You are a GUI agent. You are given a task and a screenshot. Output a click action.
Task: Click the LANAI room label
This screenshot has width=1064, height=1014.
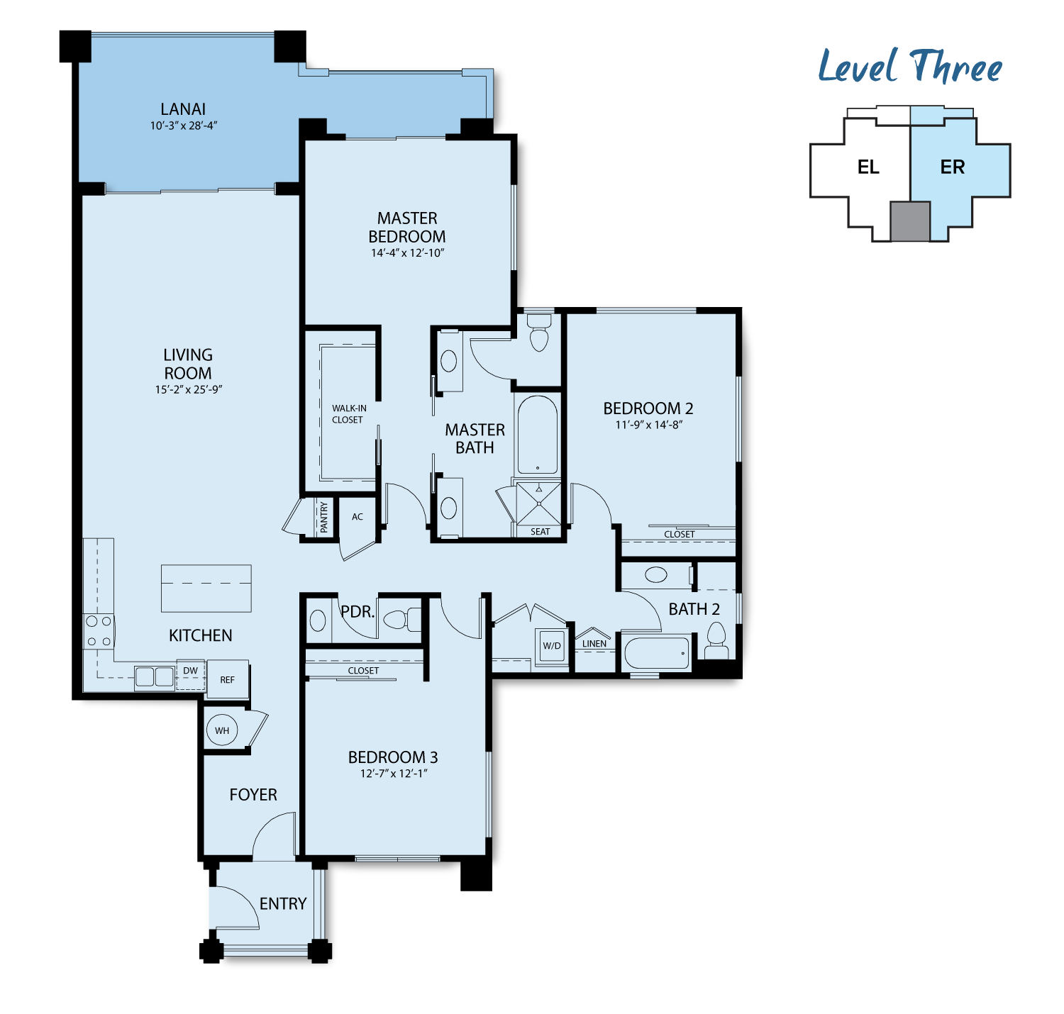click(x=183, y=109)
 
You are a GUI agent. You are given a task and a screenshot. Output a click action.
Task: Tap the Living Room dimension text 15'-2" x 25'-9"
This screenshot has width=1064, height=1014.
click(x=189, y=389)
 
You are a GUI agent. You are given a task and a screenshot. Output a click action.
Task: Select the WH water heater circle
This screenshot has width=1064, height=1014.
click(x=222, y=730)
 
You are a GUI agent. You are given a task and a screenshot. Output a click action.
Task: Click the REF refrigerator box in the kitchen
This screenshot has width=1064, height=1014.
click(x=228, y=679)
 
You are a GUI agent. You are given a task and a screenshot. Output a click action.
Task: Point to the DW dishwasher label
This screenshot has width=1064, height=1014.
click(x=190, y=670)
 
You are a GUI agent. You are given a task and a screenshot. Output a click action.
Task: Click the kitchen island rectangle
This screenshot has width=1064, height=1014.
click(x=206, y=588)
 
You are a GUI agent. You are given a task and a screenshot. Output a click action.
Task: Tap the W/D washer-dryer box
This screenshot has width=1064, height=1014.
click(x=551, y=645)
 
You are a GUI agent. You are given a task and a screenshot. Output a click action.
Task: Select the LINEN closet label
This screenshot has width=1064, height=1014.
click(x=594, y=644)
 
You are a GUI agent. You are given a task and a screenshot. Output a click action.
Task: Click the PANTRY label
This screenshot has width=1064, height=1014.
click(x=323, y=517)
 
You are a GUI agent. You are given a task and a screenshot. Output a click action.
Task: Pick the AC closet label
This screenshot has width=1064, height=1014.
click(x=358, y=517)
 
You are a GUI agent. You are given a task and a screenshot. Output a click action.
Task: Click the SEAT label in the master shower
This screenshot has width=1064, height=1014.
click(x=540, y=531)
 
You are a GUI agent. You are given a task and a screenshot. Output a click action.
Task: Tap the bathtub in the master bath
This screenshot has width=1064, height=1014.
click(x=538, y=435)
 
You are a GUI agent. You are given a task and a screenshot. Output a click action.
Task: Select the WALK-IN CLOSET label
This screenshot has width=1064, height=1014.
click(x=348, y=414)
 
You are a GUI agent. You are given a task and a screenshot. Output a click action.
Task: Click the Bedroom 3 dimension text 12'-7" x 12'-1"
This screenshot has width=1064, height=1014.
click(x=394, y=773)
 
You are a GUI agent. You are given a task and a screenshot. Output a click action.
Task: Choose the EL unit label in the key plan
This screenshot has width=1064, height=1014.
click(x=868, y=167)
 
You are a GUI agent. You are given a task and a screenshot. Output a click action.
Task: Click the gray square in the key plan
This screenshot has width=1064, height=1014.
click(x=910, y=221)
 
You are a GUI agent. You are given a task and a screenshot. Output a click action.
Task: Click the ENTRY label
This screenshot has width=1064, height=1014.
click(x=282, y=903)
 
